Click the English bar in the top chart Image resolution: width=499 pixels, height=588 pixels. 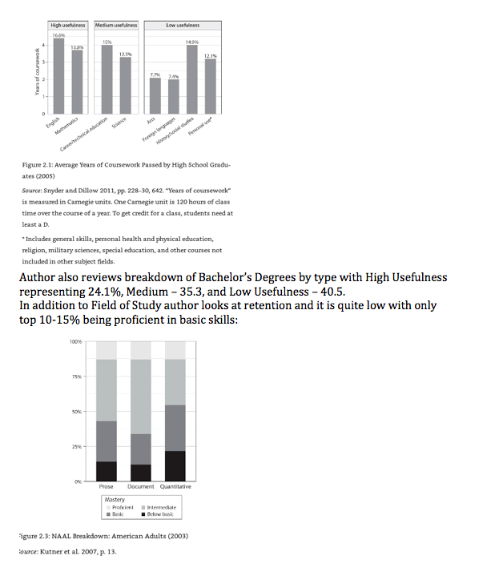(58, 77)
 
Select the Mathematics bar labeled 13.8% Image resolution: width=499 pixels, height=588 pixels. (77, 83)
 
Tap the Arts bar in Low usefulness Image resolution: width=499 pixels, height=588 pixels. (155, 96)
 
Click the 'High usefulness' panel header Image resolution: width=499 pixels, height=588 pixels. (68, 26)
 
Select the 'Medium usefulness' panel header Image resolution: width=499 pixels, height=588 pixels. (116, 26)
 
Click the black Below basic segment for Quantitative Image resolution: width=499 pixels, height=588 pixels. (175, 465)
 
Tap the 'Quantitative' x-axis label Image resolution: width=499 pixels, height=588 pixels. (175, 487)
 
